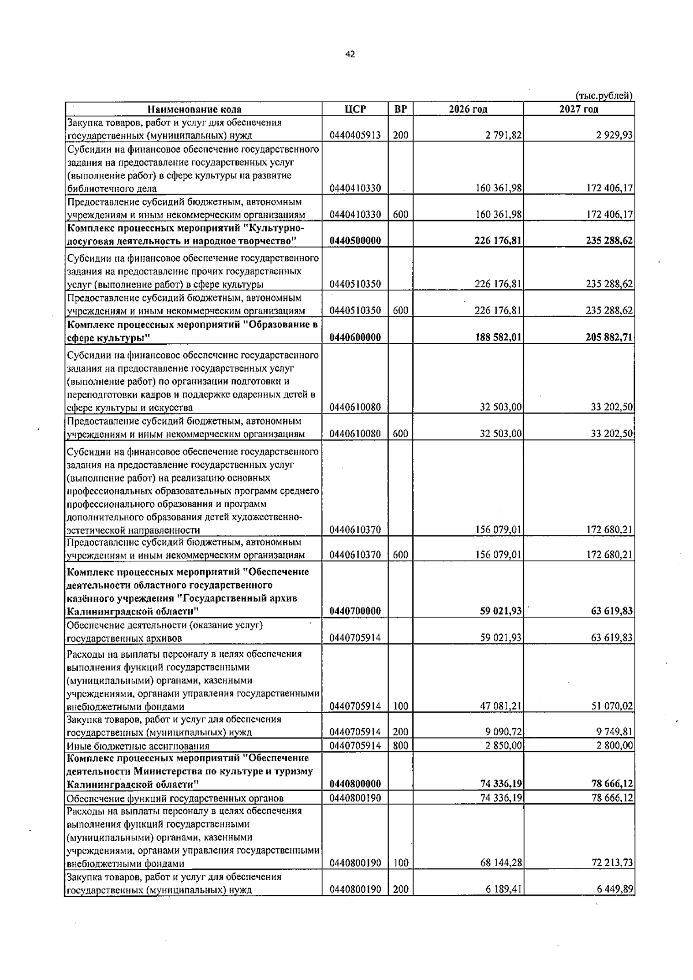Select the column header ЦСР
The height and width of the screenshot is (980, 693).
tap(355, 109)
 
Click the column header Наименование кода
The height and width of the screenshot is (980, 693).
tap(193, 109)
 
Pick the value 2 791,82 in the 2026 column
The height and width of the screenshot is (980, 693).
tap(504, 136)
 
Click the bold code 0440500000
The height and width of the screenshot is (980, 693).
tap(355, 241)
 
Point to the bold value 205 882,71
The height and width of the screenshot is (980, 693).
tap(609, 337)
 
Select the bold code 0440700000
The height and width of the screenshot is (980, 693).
tap(355, 611)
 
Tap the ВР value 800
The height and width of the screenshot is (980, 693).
tap(401, 746)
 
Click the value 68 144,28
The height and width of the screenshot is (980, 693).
tap(501, 863)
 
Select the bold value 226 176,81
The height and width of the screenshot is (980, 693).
tap(498, 241)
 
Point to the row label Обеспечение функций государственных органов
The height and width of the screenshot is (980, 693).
tap(175, 799)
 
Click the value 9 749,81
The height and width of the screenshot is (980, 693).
tap(614, 732)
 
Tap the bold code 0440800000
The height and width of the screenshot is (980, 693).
tap(355, 784)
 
